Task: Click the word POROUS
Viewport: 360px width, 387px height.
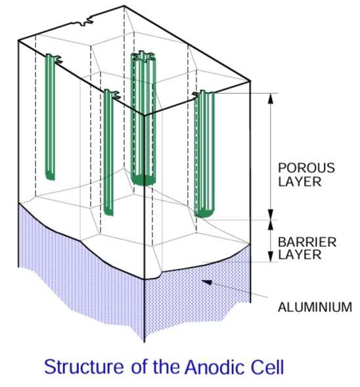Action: [x=306, y=168]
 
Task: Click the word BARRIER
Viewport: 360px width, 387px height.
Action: [x=307, y=242]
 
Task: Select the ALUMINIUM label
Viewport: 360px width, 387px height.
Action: [x=315, y=307]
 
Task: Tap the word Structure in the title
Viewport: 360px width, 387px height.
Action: [x=84, y=367]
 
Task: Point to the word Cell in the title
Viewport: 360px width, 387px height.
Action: [x=267, y=367]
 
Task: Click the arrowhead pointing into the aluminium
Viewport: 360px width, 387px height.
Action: [x=207, y=282]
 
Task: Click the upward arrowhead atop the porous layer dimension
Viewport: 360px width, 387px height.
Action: [x=271, y=99]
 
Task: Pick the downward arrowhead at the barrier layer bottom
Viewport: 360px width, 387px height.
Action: [x=271, y=256]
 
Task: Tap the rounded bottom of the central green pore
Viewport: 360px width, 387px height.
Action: [x=143, y=180]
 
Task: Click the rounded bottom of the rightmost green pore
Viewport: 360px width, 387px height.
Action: [x=204, y=212]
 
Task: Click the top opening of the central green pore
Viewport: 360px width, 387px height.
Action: [x=143, y=57]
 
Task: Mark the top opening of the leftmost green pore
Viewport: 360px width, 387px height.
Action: [x=53, y=58]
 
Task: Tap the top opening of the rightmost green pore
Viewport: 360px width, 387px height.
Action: [x=204, y=94]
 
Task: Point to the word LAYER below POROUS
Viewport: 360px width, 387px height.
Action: [x=300, y=181]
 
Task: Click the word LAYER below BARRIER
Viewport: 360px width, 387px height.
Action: [x=300, y=255]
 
